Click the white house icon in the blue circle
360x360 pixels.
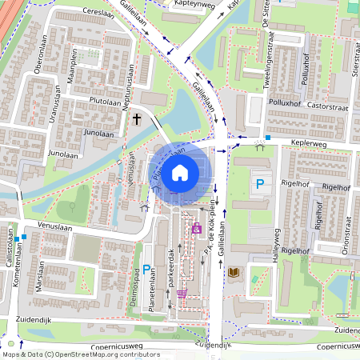click(180, 172)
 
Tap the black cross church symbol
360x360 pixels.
click(137, 119)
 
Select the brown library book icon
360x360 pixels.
click(233, 274)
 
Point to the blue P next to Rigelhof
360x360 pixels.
click(259, 185)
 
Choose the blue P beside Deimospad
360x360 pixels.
click(146, 272)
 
